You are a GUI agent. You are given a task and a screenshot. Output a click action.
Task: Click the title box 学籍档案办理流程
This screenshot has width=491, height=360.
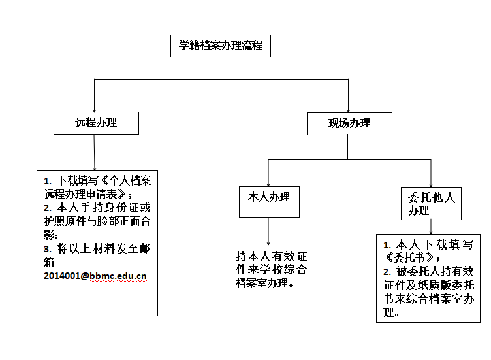coord(221,46)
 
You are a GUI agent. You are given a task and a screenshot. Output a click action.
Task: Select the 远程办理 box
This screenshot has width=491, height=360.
coord(96,123)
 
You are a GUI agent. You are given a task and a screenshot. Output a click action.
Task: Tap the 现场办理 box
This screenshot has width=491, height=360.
coord(349,123)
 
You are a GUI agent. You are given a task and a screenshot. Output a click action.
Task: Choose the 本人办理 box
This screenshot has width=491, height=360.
coord(269,202)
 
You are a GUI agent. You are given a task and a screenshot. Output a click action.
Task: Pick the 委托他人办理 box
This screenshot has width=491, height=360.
coord(431,203)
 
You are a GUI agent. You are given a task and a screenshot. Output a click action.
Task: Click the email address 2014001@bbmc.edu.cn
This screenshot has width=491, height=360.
coord(95,276)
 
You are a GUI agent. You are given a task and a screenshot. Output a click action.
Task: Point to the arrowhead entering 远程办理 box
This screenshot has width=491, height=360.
coord(94,110)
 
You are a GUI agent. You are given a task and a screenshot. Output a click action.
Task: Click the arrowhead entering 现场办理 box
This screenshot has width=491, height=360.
coord(348,111)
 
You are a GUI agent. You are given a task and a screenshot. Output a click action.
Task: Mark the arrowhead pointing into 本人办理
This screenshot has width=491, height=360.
coord(268,185)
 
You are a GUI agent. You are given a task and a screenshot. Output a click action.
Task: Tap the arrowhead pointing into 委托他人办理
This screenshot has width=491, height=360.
coord(431,186)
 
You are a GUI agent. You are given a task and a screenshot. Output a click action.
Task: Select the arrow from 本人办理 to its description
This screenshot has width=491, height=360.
coord(268,231)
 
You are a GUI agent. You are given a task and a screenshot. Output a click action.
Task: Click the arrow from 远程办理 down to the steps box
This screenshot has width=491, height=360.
coord(94,152)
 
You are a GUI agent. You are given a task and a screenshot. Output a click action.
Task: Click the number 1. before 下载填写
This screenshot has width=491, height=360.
coord(47,181)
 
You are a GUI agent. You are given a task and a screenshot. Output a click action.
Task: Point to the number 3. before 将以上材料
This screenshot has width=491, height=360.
coord(47,249)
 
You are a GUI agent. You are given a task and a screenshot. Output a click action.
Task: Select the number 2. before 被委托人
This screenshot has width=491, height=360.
coord(387,272)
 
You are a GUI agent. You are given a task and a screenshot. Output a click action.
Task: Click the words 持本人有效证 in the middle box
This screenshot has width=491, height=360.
coord(272,256)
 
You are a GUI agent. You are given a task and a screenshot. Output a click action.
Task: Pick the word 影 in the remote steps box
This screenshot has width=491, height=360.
coord(49,235)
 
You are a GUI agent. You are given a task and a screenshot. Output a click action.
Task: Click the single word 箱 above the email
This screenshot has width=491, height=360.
coord(49,262)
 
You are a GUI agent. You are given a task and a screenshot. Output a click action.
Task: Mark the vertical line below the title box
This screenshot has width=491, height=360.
coord(221,68)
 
